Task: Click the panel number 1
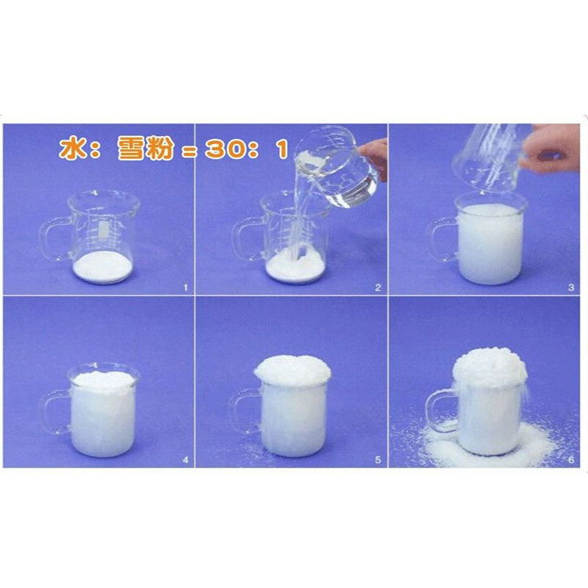pyautogui.click(x=185, y=287)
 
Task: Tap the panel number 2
pyautogui.click(x=378, y=287)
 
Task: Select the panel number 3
pyautogui.click(x=571, y=287)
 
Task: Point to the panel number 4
pyautogui.click(x=185, y=460)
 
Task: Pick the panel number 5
pyautogui.click(x=378, y=460)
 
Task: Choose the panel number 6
pyautogui.click(x=571, y=460)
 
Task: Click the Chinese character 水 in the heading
pyautogui.click(x=71, y=148)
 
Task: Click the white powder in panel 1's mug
pyautogui.click(x=102, y=266)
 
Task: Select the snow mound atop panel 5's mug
pyautogui.click(x=293, y=370)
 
